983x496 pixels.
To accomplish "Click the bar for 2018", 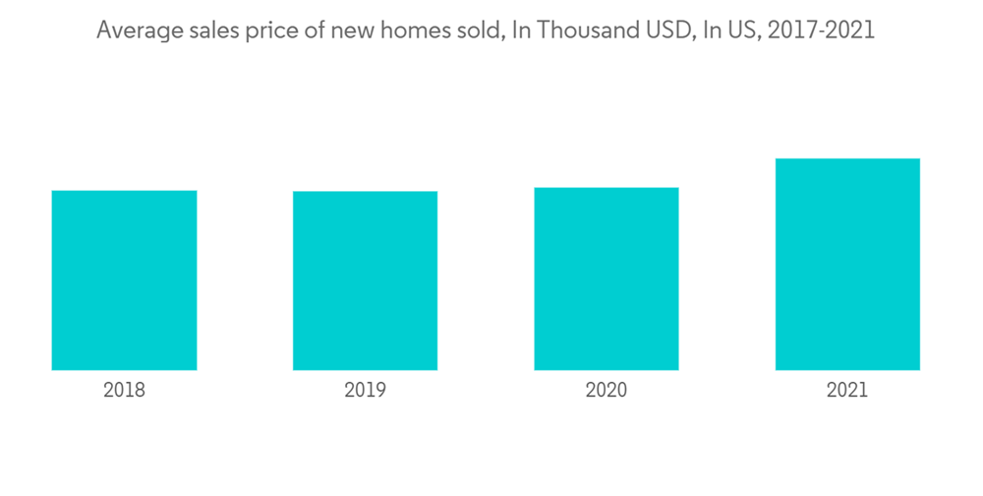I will point(124,280).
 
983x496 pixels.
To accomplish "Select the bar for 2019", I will point(365,280).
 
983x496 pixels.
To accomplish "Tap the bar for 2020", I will point(607,279).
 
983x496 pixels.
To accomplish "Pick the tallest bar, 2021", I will point(847,264).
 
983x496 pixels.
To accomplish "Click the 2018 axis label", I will point(124,390).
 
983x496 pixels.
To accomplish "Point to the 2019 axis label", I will point(365,390).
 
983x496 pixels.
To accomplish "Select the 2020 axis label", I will point(607,390).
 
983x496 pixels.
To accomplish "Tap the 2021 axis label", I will point(847,390).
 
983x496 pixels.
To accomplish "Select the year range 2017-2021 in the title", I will point(821,31).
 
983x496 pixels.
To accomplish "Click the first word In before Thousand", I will point(518,31).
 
